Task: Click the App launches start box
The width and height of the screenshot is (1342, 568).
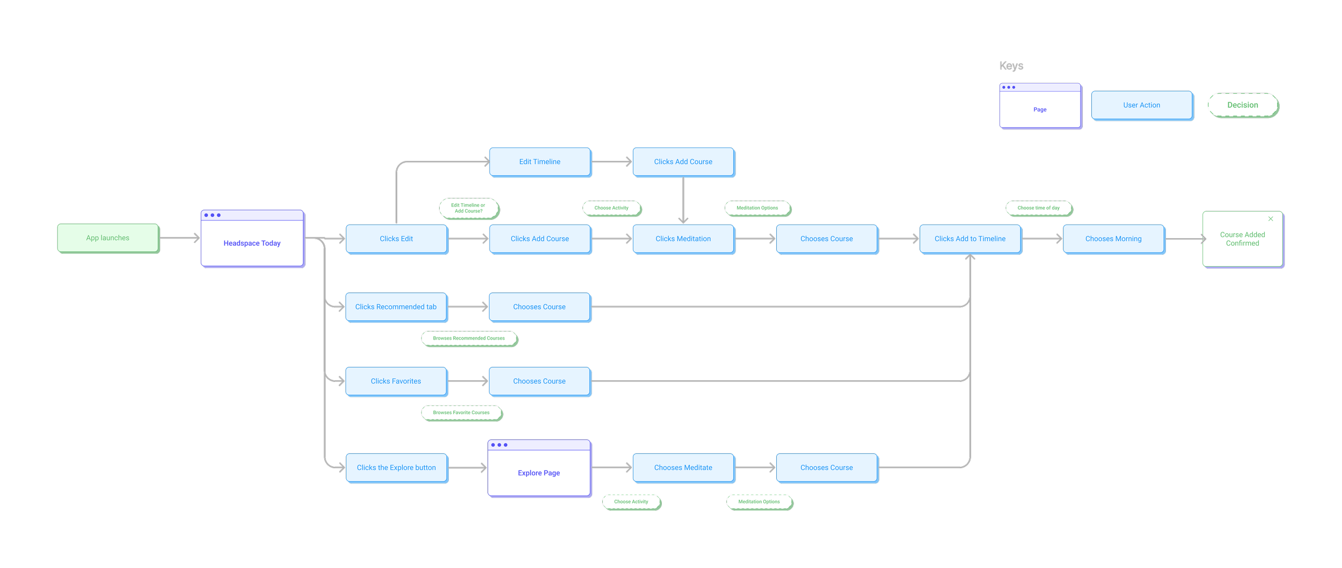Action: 108,238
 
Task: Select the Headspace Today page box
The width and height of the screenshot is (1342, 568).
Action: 252,239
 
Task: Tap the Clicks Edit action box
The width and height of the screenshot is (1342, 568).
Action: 397,239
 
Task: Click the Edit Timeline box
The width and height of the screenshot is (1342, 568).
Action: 540,162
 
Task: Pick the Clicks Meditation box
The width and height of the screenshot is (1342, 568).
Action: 683,239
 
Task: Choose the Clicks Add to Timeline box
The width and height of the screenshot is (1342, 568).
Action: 971,239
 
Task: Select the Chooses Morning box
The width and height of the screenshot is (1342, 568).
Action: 1114,239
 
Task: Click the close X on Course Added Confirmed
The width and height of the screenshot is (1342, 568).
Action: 1271,219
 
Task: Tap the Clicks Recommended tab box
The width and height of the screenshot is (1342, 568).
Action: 396,307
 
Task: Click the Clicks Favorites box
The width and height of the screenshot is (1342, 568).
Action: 396,381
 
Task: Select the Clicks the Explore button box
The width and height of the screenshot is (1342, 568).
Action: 397,468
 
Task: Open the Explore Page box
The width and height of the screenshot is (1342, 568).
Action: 539,468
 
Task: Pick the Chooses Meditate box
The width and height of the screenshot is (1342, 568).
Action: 683,468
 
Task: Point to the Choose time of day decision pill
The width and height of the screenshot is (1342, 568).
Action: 1039,208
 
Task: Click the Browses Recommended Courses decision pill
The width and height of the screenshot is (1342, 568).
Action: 469,338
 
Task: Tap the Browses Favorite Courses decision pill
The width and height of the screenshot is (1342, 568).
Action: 462,413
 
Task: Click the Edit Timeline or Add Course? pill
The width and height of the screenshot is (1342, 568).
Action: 469,208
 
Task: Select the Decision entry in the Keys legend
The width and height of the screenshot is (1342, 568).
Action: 1243,105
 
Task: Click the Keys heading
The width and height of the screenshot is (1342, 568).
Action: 1011,66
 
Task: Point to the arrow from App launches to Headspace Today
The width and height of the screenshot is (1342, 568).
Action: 180,238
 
